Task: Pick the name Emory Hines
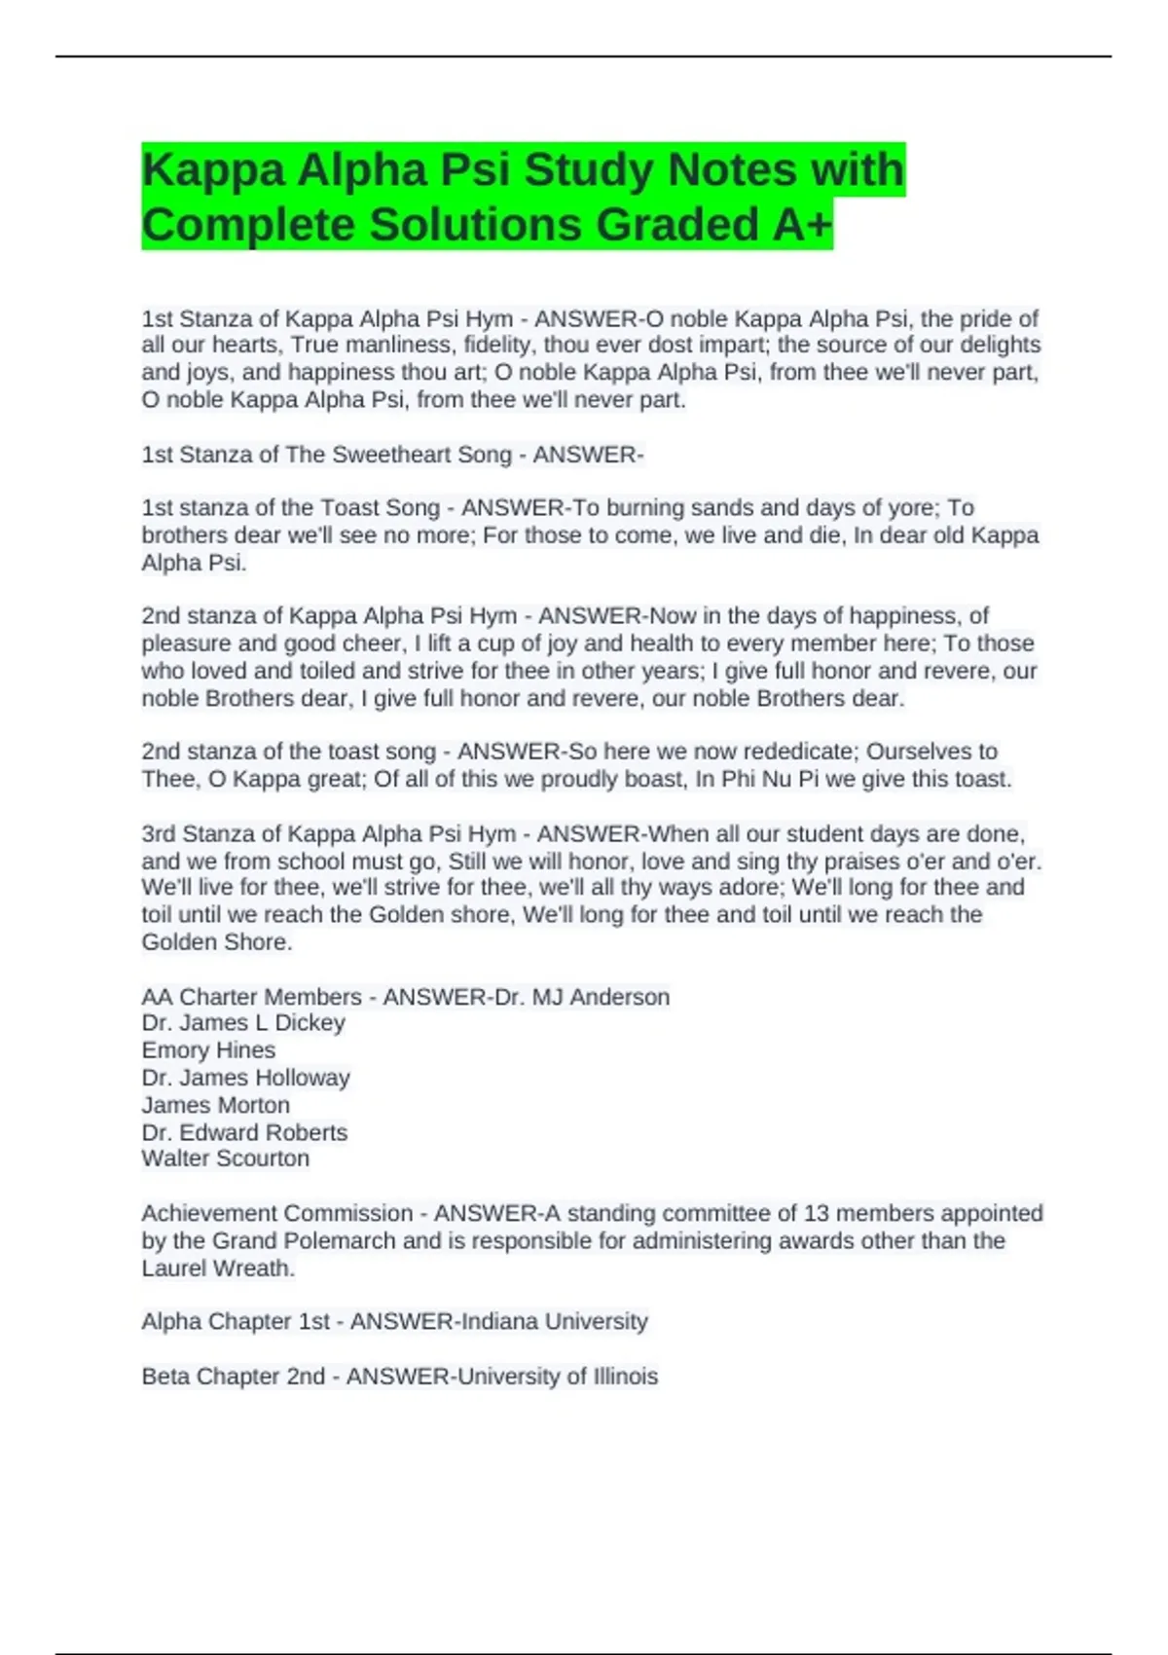(x=208, y=1050)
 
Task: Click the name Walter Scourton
(x=226, y=1158)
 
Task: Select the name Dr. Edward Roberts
(x=244, y=1132)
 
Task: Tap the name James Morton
(x=216, y=1105)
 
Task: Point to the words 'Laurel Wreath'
(x=217, y=1269)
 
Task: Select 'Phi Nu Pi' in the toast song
(x=767, y=779)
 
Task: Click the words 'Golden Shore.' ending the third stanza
(x=217, y=942)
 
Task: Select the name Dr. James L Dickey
(x=243, y=1023)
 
